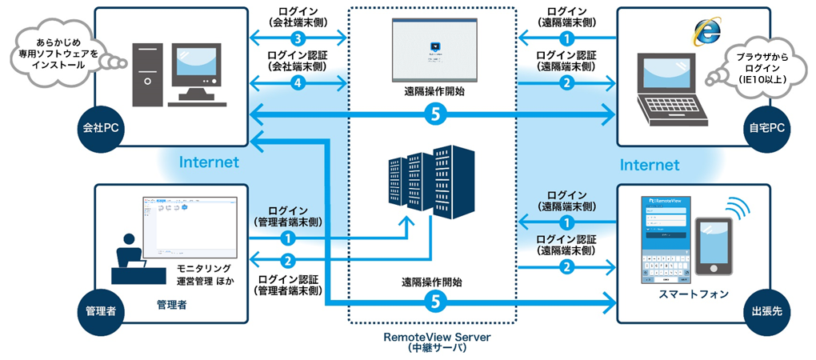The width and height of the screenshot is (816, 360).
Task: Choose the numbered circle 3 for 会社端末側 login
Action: pos(298,38)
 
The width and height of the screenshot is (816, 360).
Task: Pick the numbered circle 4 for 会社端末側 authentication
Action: pos(298,81)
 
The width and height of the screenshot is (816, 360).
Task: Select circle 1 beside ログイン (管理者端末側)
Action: pos(287,238)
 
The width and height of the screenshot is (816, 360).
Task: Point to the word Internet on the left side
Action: pos(209,162)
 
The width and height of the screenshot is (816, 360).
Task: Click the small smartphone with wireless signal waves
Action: pos(712,244)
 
